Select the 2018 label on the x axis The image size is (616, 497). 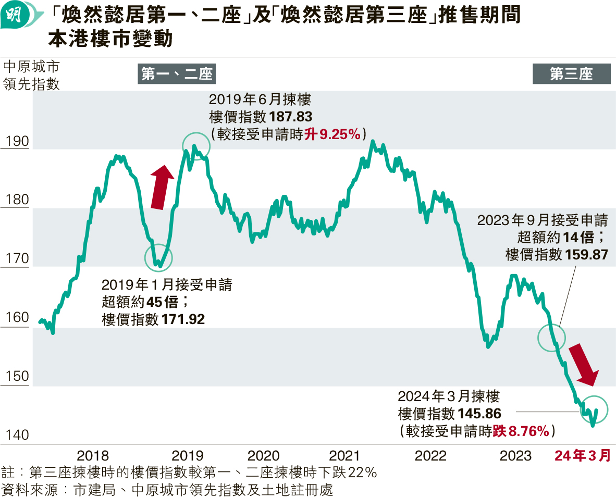[x=93, y=455]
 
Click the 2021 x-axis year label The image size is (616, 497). [x=345, y=455]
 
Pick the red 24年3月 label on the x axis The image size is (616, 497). [x=582, y=455]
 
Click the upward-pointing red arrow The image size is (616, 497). [x=162, y=187]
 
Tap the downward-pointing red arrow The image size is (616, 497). [x=583, y=365]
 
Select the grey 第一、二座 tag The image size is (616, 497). [x=177, y=74]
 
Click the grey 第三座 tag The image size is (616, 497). [x=571, y=74]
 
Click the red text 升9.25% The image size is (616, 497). [x=333, y=134]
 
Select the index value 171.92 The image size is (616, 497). [x=183, y=319]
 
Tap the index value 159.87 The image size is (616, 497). [x=586, y=254]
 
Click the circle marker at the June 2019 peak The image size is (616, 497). [x=196, y=146]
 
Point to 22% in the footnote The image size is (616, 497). [x=363, y=473]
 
